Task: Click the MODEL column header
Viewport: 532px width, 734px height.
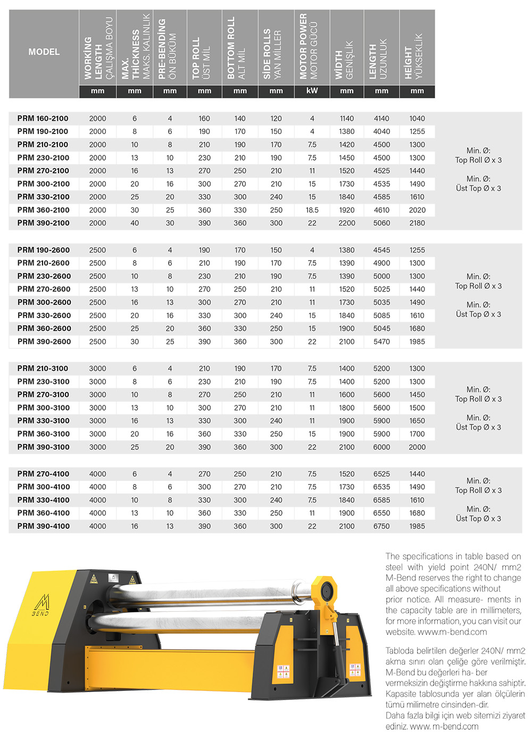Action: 44,52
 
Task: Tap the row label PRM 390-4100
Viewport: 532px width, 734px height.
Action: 43,526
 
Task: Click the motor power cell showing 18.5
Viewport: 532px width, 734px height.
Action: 312,210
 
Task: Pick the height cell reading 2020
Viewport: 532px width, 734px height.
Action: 417,210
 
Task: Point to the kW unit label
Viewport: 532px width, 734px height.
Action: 312,91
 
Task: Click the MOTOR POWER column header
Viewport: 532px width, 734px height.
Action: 307,47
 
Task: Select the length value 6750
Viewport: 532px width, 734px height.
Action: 381,526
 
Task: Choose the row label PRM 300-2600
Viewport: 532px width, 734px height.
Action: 44,302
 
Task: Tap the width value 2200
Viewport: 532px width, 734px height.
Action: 346,223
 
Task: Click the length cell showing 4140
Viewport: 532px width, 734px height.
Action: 381,119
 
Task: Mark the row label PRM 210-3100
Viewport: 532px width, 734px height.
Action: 43,368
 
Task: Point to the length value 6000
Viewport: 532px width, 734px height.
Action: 381,447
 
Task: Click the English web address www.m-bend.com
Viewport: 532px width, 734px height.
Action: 452,632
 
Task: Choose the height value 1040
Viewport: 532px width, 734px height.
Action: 417,119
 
